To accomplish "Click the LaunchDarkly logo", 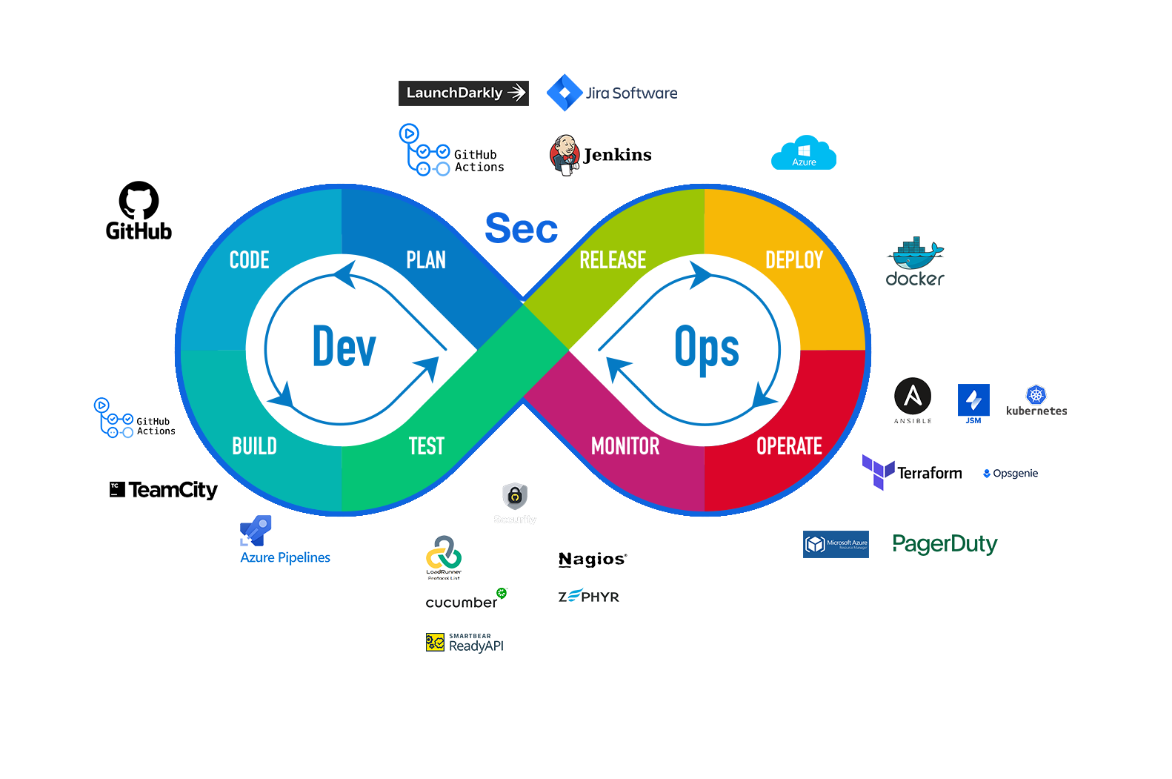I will pos(463,93).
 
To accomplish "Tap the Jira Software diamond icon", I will pos(565,93).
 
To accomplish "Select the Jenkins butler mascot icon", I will pos(565,155).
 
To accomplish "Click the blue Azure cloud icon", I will pos(804,153).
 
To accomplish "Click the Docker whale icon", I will pos(915,254).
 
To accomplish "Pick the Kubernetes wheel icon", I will pos(1036,394).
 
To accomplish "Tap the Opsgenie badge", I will pos(1010,474).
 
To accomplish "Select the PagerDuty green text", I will pos(945,544).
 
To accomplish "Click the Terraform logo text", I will pos(930,473).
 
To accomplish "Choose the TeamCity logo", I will pos(164,490).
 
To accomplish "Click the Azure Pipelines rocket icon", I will pos(256,530).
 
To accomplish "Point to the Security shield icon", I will pos(515,496).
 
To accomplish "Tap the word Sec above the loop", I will pos(521,228).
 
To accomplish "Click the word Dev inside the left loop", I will pos(344,347).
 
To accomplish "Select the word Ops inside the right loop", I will pos(706,347).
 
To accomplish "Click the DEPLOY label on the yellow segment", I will pos(794,260).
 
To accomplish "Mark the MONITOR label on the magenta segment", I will pos(625,446).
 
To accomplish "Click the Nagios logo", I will pos(593,559).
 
